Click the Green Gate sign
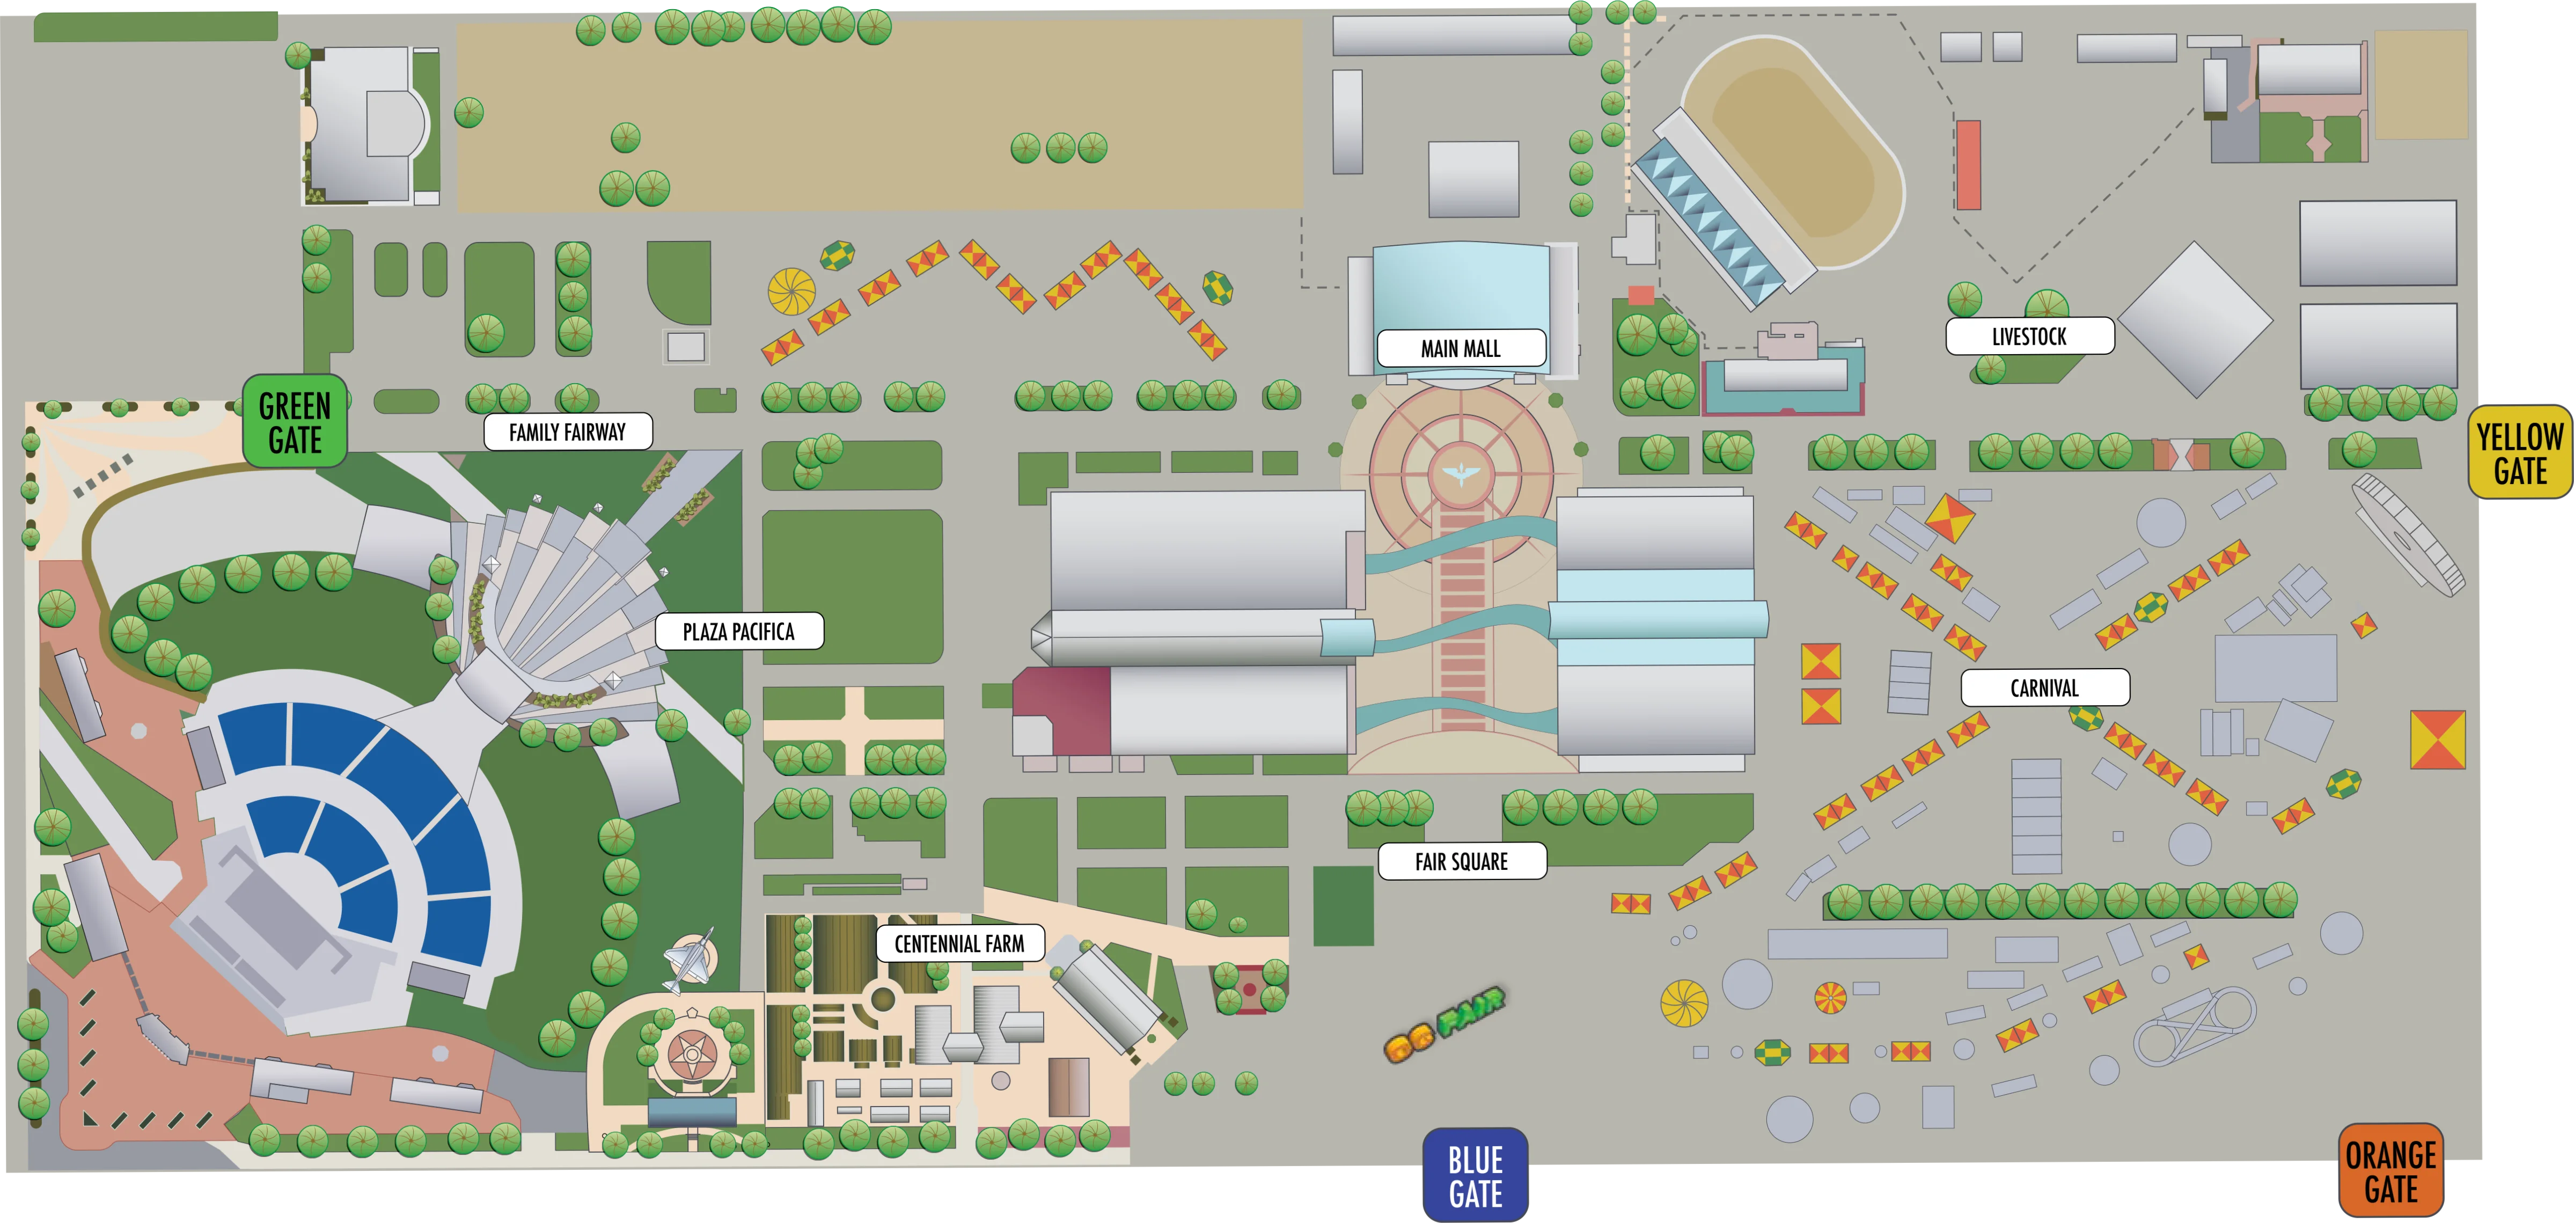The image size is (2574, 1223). point(295,422)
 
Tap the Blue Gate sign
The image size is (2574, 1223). point(1475,1176)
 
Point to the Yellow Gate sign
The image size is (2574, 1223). point(2519,452)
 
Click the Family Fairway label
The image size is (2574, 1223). point(568,431)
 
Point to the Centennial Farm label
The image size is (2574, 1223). point(959,943)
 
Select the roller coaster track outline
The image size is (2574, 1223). point(2194,1024)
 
